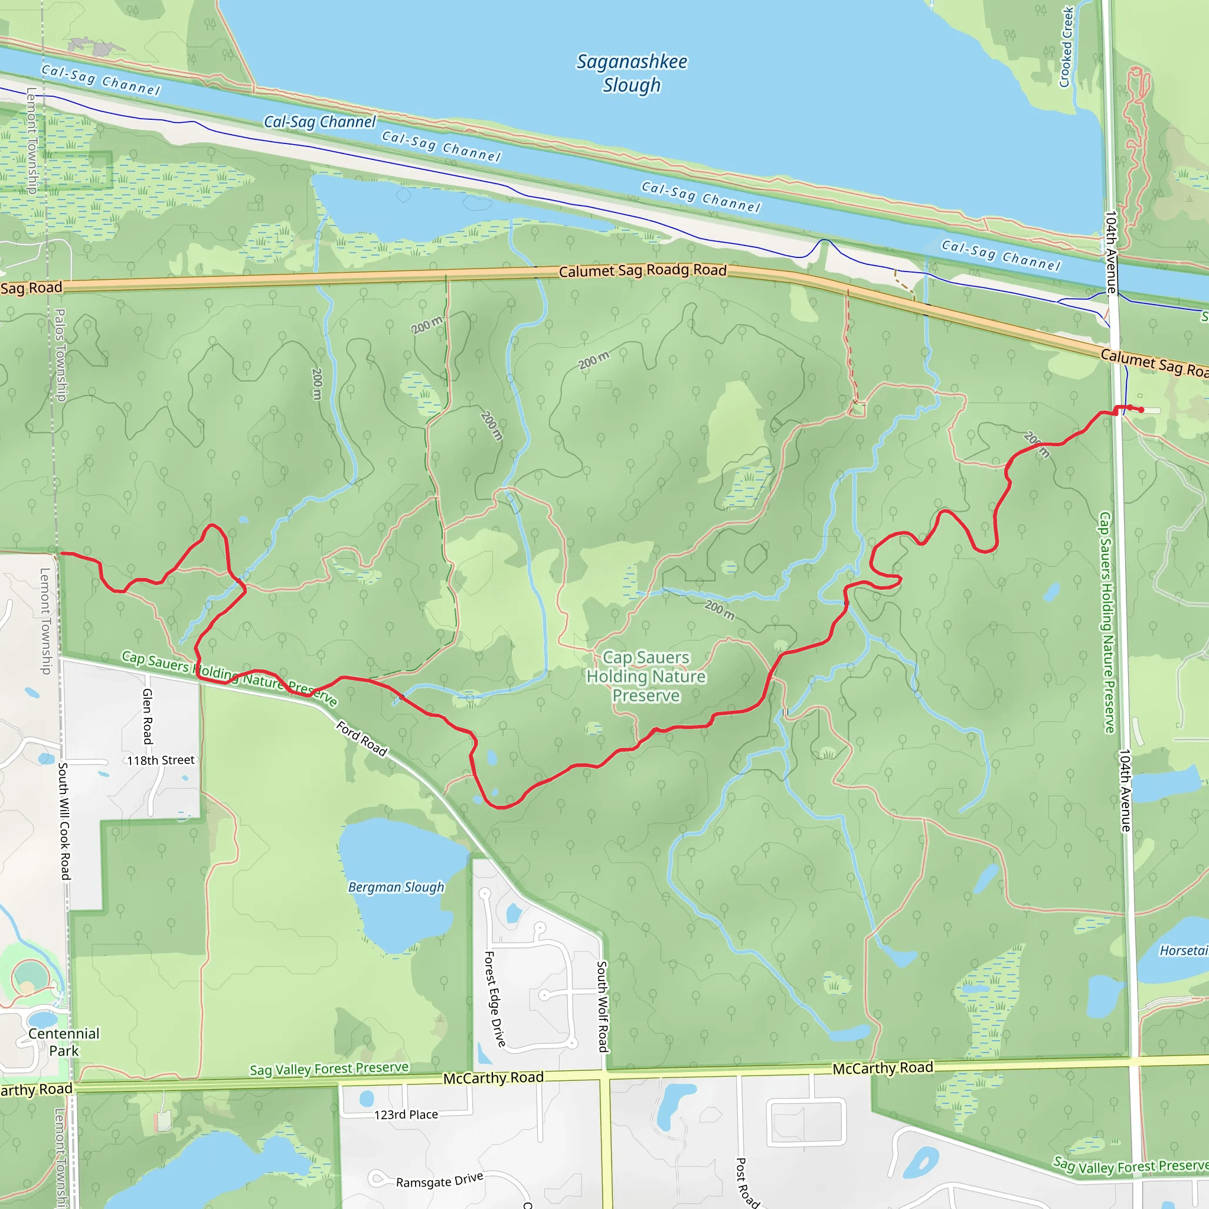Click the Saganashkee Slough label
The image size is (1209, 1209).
[x=632, y=73]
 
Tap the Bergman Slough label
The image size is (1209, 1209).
[x=396, y=887]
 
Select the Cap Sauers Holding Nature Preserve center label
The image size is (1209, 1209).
[x=646, y=677]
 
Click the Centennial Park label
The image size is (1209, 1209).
[x=64, y=1042]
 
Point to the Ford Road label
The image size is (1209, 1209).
[x=362, y=739]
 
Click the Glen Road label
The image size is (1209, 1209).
[x=148, y=716]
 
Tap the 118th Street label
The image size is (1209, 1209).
[x=161, y=760]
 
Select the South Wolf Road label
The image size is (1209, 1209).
[x=602, y=1007]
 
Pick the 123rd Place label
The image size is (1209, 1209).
[x=406, y=1115]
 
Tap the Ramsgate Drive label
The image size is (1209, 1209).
[x=439, y=1180]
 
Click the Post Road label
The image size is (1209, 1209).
[x=746, y=1182]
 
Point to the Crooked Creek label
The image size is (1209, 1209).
[x=1066, y=47]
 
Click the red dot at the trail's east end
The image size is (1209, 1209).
[x=1142, y=410]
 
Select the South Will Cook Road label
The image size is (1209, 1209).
[x=64, y=821]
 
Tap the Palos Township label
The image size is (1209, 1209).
[x=60, y=355]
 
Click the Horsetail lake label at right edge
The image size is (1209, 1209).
[x=1182, y=950]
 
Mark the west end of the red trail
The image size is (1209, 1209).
[x=61, y=553]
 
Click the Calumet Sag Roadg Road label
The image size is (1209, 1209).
[x=643, y=270]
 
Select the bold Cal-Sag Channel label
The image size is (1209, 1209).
[x=320, y=122]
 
